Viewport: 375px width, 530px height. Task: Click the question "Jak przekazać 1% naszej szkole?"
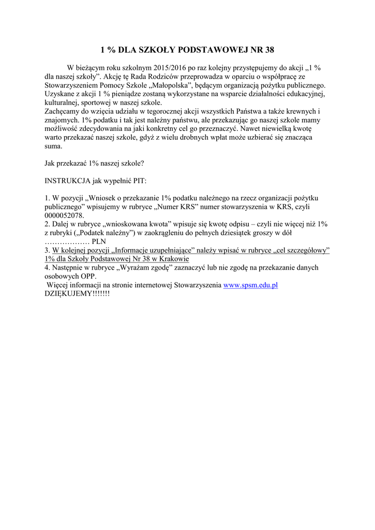(x=95, y=163)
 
